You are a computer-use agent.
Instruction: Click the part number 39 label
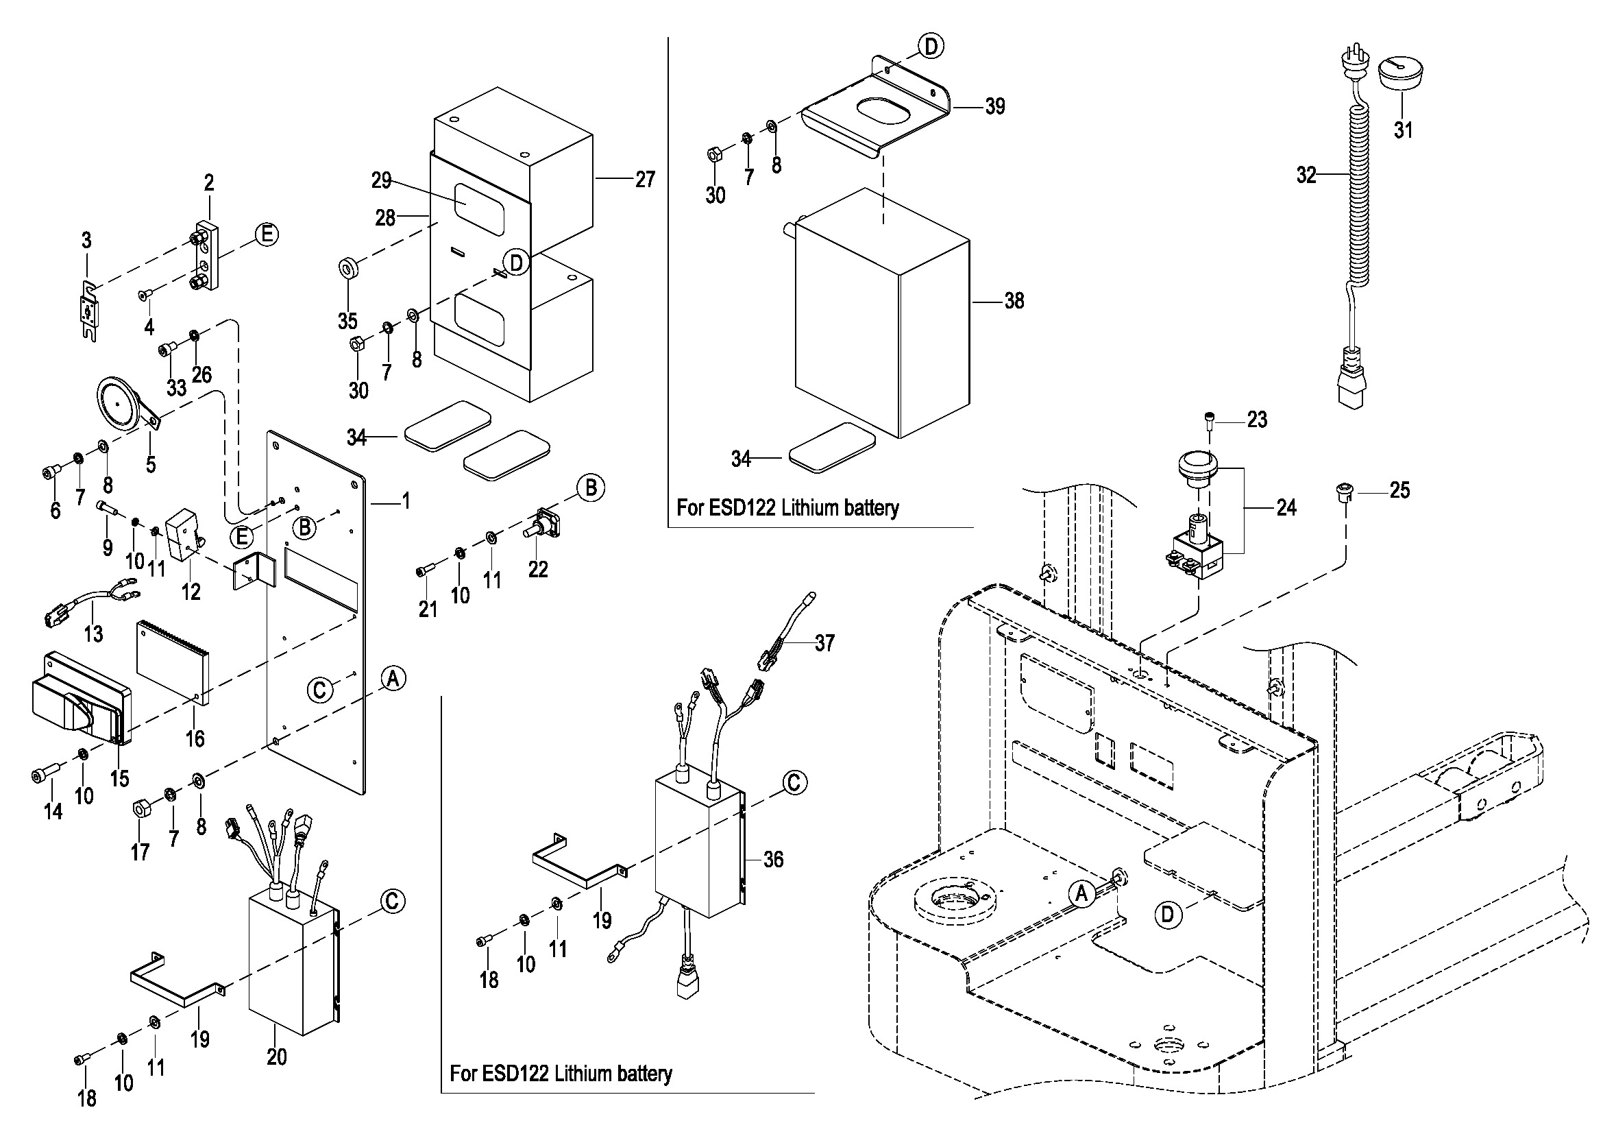pyautogui.click(x=994, y=107)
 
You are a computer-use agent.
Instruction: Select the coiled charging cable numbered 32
pyautogui.click(x=1358, y=195)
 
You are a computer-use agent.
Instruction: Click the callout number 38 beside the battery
pyautogui.click(x=1014, y=301)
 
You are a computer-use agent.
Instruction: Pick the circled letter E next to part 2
pyautogui.click(x=266, y=234)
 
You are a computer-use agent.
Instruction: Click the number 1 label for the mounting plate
pyautogui.click(x=406, y=501)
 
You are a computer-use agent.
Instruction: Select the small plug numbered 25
pyautogui.click(x=1344, y=491)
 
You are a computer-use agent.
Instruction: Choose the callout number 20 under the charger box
pyautogui.click(x=276, y=1057)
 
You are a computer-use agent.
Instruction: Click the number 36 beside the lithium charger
pyautogui.click(x=773, y=859)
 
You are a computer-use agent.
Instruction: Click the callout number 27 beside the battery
pyautogui.click(x=645, y=180)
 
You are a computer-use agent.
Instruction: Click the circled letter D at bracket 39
pyautogui.click(x=931, y=47)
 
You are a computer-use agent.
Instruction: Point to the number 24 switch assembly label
pyautogui.click(x=1286, y=507)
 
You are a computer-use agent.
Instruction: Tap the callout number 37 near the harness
pyautogui.click(x=824, y=643)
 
